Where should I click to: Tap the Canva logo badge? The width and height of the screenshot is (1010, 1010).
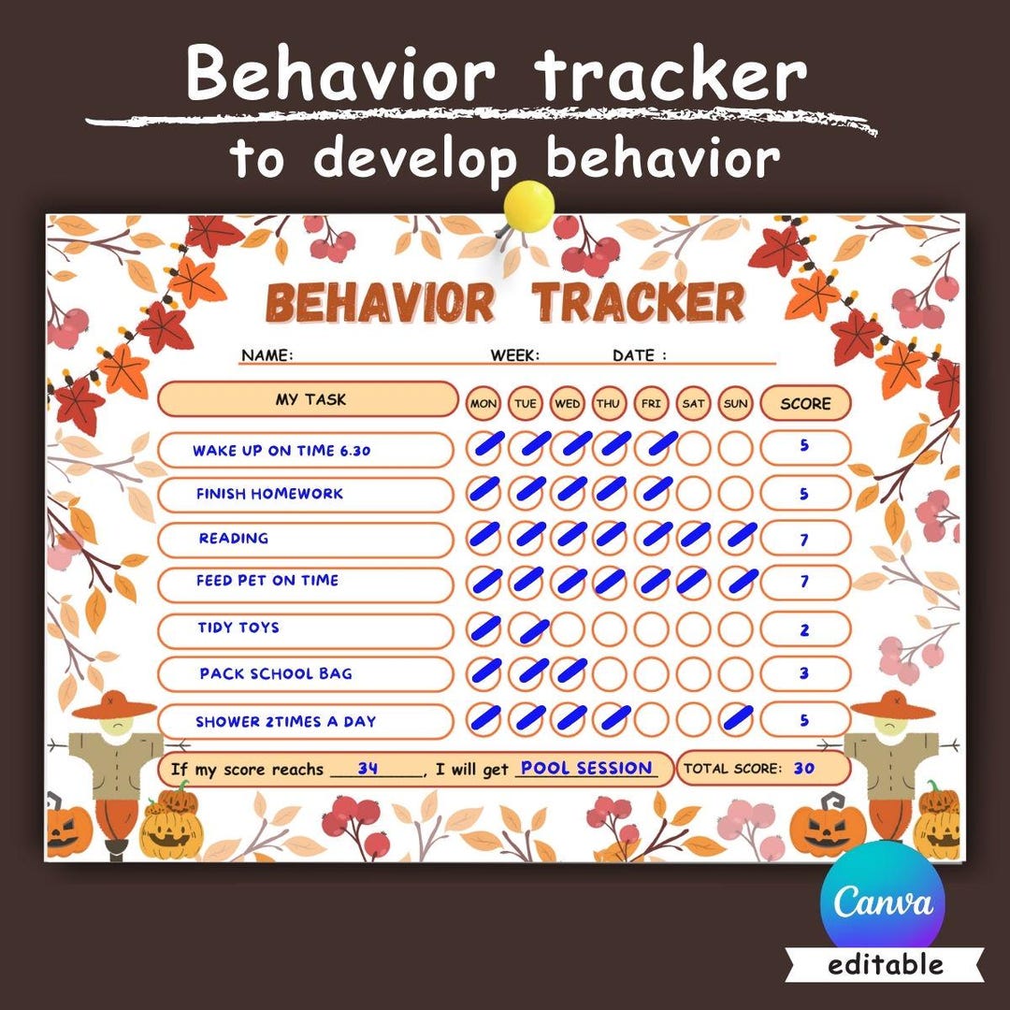tap(883, 901)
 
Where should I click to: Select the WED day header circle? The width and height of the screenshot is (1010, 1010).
tap(567, 403)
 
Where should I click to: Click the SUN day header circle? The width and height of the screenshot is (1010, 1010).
tap(736, 403)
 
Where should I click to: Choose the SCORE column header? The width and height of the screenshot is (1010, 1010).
tap(805, 403)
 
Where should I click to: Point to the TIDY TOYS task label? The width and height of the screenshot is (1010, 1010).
tap(238, 628)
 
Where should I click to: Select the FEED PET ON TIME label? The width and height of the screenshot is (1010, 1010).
tap(267, 581)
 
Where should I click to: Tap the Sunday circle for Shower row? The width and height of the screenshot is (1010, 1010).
tap(736, 719)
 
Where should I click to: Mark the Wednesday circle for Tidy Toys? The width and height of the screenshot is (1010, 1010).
tap(567, 628)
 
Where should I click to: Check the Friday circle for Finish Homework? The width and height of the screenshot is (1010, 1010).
tap(651, 489)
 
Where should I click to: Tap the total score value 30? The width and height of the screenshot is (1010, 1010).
tap(804, 769)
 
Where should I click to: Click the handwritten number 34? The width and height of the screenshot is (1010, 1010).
tap(368, 769)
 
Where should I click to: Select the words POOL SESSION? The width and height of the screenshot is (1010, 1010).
tap(586, 768)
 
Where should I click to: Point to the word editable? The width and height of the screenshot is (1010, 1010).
tap(886, 964)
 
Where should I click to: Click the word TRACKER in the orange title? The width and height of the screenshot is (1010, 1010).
tap(639, 302)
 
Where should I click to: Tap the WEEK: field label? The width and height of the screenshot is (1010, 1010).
tap(514, 355)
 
